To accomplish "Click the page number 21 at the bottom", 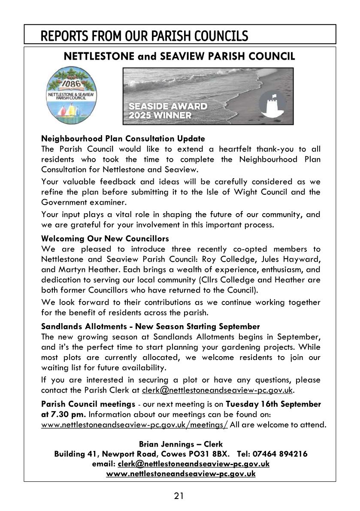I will [x=179, y=496].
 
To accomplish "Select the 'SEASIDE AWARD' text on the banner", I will [x=168, y=106].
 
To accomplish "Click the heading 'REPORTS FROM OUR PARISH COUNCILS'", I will [x=144, y=36].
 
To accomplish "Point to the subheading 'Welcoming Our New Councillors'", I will [x=105, y=238].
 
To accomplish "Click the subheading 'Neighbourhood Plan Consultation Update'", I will [x=123, y=139].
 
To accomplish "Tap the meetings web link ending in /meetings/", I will [x=134, y=425].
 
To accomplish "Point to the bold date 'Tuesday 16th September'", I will [x=273, y=404].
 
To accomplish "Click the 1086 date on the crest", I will [x=73, y=82].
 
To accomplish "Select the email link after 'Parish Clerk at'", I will [x=218, y=390].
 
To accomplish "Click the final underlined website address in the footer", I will [x=181, y=474].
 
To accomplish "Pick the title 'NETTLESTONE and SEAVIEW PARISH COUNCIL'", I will [x=179, y=57].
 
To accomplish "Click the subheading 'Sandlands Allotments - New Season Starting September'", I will [x=150, y=327].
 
